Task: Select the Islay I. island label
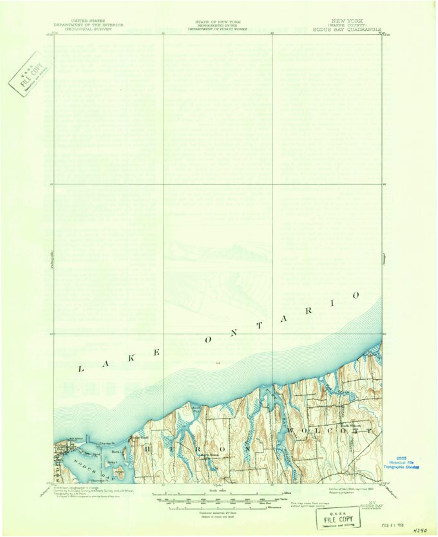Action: [117, 462]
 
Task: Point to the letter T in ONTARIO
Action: [260, 326]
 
